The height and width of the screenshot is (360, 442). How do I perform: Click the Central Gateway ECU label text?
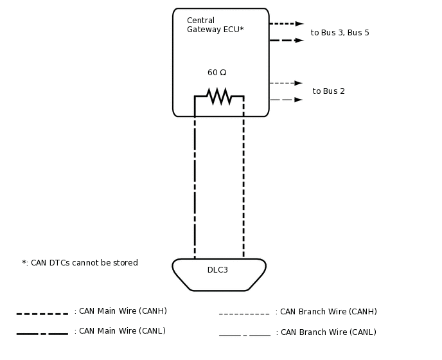tap(215, 25)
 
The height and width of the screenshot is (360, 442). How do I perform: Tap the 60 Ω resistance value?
tap(217, 73)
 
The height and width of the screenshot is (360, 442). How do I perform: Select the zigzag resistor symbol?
tap(218, 96)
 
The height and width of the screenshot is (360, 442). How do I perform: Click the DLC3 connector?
tap(218, 274)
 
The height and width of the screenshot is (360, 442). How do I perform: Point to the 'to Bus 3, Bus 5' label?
tap(340, 33)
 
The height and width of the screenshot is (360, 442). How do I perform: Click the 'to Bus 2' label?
tap(328, 91)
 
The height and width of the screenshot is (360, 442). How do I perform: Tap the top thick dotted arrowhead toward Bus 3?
tap(299, 24)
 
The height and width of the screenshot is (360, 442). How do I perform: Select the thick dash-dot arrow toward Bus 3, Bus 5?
tap(286, 40)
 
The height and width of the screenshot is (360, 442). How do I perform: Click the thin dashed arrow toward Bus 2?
tap(286, 83)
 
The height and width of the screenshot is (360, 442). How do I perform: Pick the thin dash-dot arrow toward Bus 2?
tap(286, 100)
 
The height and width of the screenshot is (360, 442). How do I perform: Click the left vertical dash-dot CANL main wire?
tap(195, 186)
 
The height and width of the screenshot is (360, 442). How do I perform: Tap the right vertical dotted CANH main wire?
tap(243, 186)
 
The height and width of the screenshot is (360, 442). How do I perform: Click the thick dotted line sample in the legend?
tap(42, 314)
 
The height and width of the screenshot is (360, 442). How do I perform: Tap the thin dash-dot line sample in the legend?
tap(244, 335)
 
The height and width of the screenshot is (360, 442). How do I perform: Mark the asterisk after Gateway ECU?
tap(242, 29)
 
